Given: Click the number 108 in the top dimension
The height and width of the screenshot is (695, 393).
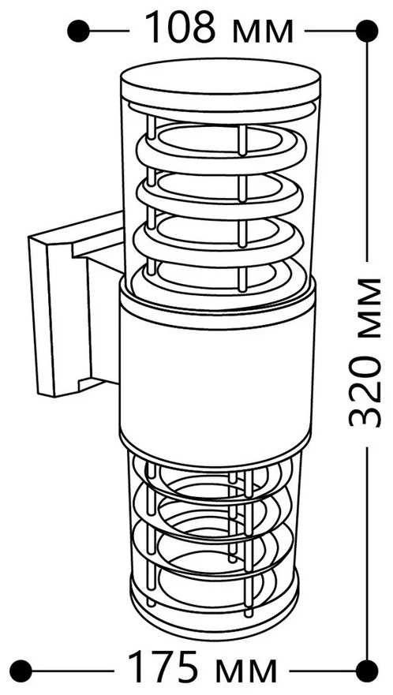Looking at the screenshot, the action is pos(181,28).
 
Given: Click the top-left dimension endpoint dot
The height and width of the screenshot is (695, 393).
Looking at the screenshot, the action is pos(78,31).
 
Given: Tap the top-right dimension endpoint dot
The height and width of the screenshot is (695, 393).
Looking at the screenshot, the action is pos(366,31).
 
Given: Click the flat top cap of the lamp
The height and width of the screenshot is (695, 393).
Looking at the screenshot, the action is pos(220,80).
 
